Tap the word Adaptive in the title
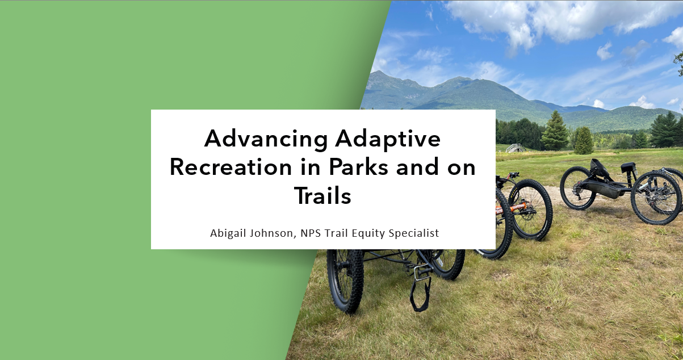tap(388, 139)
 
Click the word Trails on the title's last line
tap(322, 196)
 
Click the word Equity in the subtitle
tap(368, 233)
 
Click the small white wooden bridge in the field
tap(513, 148)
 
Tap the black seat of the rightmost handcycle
tap(627, 167)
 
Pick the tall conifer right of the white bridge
tap(555, 132)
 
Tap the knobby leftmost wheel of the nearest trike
tap(345, 278)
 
